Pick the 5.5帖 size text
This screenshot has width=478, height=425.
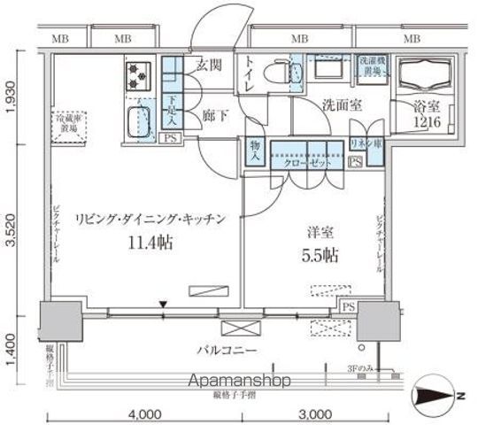(320, 255)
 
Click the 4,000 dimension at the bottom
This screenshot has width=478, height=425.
(143, 413)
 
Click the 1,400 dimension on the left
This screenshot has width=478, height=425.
(11, 346)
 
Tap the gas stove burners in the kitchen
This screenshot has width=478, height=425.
(137, 76)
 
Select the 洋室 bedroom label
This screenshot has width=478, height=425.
(320, 232)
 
